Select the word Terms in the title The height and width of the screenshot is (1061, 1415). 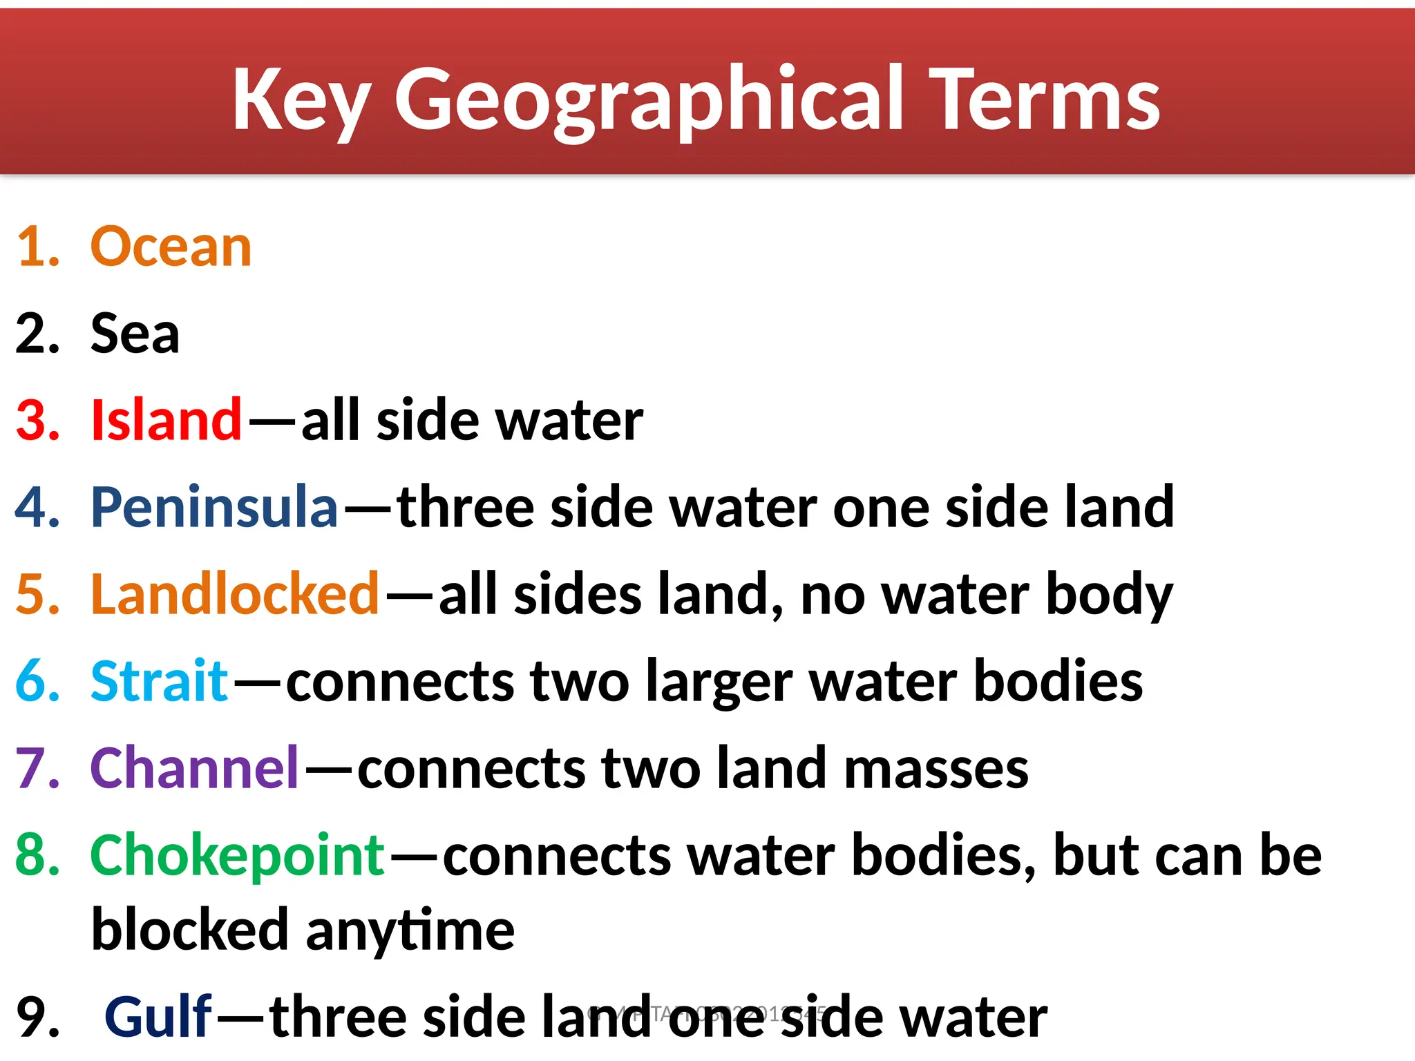click(x=1047, y=100)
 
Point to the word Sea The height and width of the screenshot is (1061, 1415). click(x=135, y=334)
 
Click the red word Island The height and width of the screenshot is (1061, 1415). click(x=166, y=420)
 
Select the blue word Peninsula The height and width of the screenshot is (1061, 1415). click(x=214, y=507)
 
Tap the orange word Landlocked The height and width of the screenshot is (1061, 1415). click(x=235, y=594)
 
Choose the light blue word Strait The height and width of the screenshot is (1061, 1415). click(x=159, y=681)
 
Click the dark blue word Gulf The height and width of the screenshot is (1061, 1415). click(x=158, y=1017)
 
